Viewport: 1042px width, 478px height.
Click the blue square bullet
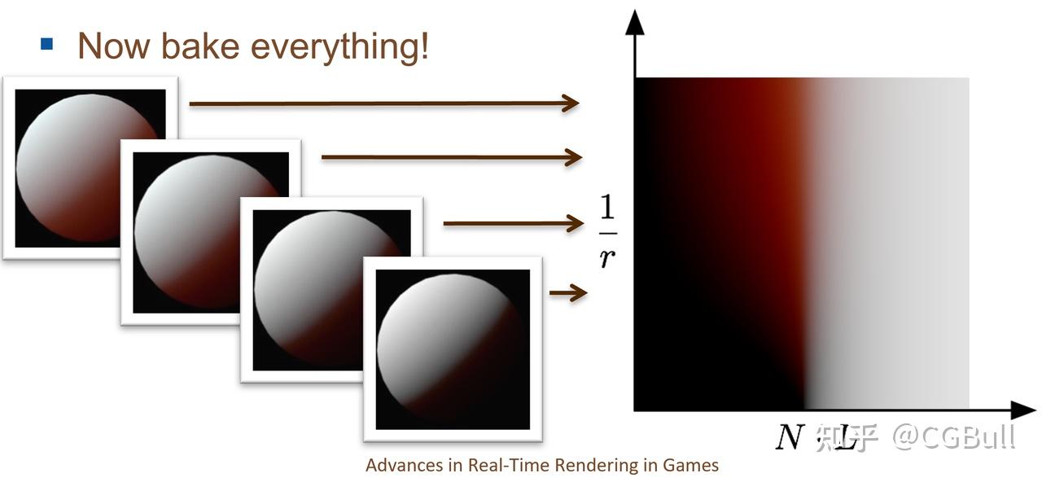tap(46, 44)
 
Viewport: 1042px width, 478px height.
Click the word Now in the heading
tap(114, 46)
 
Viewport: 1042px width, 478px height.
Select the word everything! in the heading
tap(339, 47)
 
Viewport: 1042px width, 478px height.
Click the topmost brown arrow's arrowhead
tap(571, 103)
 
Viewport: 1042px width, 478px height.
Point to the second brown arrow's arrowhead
tap(573, 157)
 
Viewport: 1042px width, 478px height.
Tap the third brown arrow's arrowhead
tap(575, 223)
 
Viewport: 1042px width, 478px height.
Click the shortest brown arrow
tap(568, 293)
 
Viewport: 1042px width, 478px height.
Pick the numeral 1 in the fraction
tap(607, 207)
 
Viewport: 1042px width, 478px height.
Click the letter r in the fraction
tap(607, 258)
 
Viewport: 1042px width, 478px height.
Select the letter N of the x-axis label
tap(790, 437)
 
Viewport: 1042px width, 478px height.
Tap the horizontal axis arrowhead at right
tap(1023, 410)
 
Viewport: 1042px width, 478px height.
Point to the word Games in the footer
tap(691, 465)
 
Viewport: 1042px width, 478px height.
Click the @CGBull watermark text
tap(953, 436)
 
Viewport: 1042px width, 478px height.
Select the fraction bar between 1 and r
tap(608, 233)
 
